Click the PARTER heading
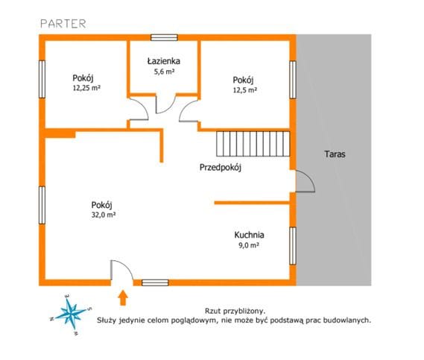(63, 24)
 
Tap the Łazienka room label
(164, 61)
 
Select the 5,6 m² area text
(164, 72)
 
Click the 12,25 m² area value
(86, 88)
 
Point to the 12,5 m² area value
(245, 89)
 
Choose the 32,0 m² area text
(104, 215)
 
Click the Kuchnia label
(249, 235)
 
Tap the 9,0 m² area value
(248, 245)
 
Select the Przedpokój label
(221, 168)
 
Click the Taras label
(335, 154)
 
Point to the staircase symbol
(253, 144)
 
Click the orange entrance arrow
(123, 298)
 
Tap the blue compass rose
(71, 314)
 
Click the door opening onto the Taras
(305, 181)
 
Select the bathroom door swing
(165, 104)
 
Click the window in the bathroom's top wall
(164, 37)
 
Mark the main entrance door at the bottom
(121, 270)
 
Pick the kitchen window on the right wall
(293, 246)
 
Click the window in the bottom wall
(155, 282)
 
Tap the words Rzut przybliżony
(235, 311)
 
